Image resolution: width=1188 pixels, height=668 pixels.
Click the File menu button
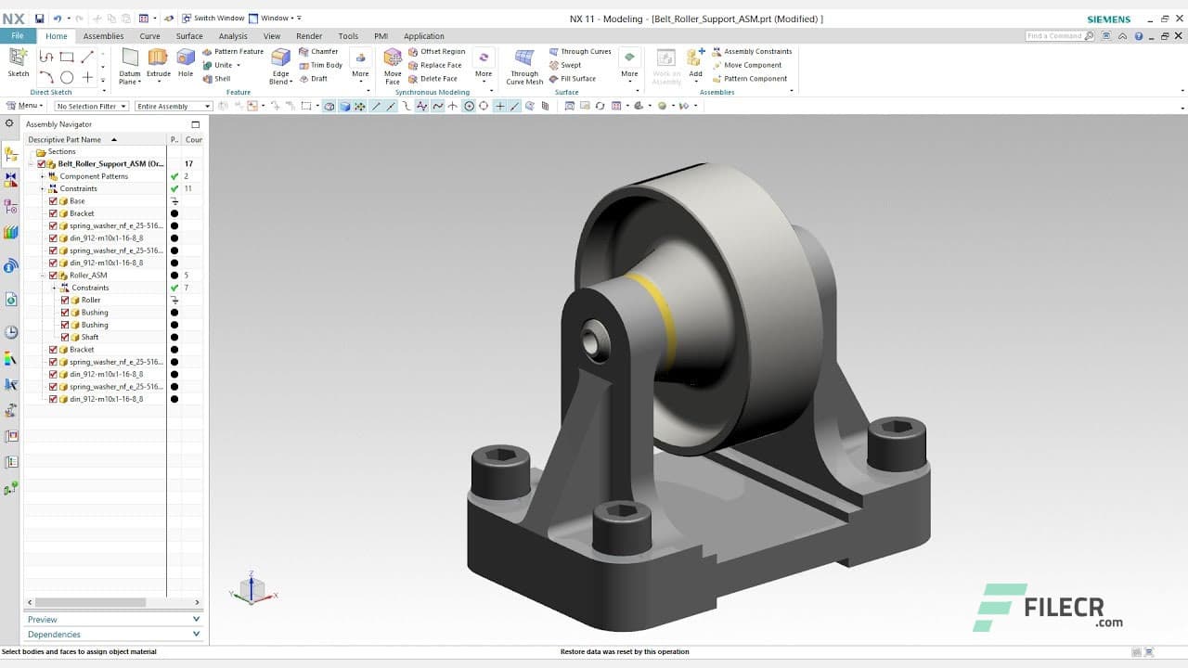18,36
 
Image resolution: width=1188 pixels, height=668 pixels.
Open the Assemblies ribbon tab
103,36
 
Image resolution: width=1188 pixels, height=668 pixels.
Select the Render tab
309,36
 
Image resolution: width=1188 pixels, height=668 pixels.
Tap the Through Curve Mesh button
524,65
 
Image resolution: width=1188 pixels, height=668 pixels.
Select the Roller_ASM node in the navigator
88,276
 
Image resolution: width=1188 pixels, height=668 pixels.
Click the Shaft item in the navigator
90,337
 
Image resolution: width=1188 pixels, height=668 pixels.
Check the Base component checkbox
53,201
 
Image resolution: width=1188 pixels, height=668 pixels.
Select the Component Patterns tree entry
94,176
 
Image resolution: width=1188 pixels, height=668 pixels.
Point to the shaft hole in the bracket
591,340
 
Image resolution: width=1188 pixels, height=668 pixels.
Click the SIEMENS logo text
1108,19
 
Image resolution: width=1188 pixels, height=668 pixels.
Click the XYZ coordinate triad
252,589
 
